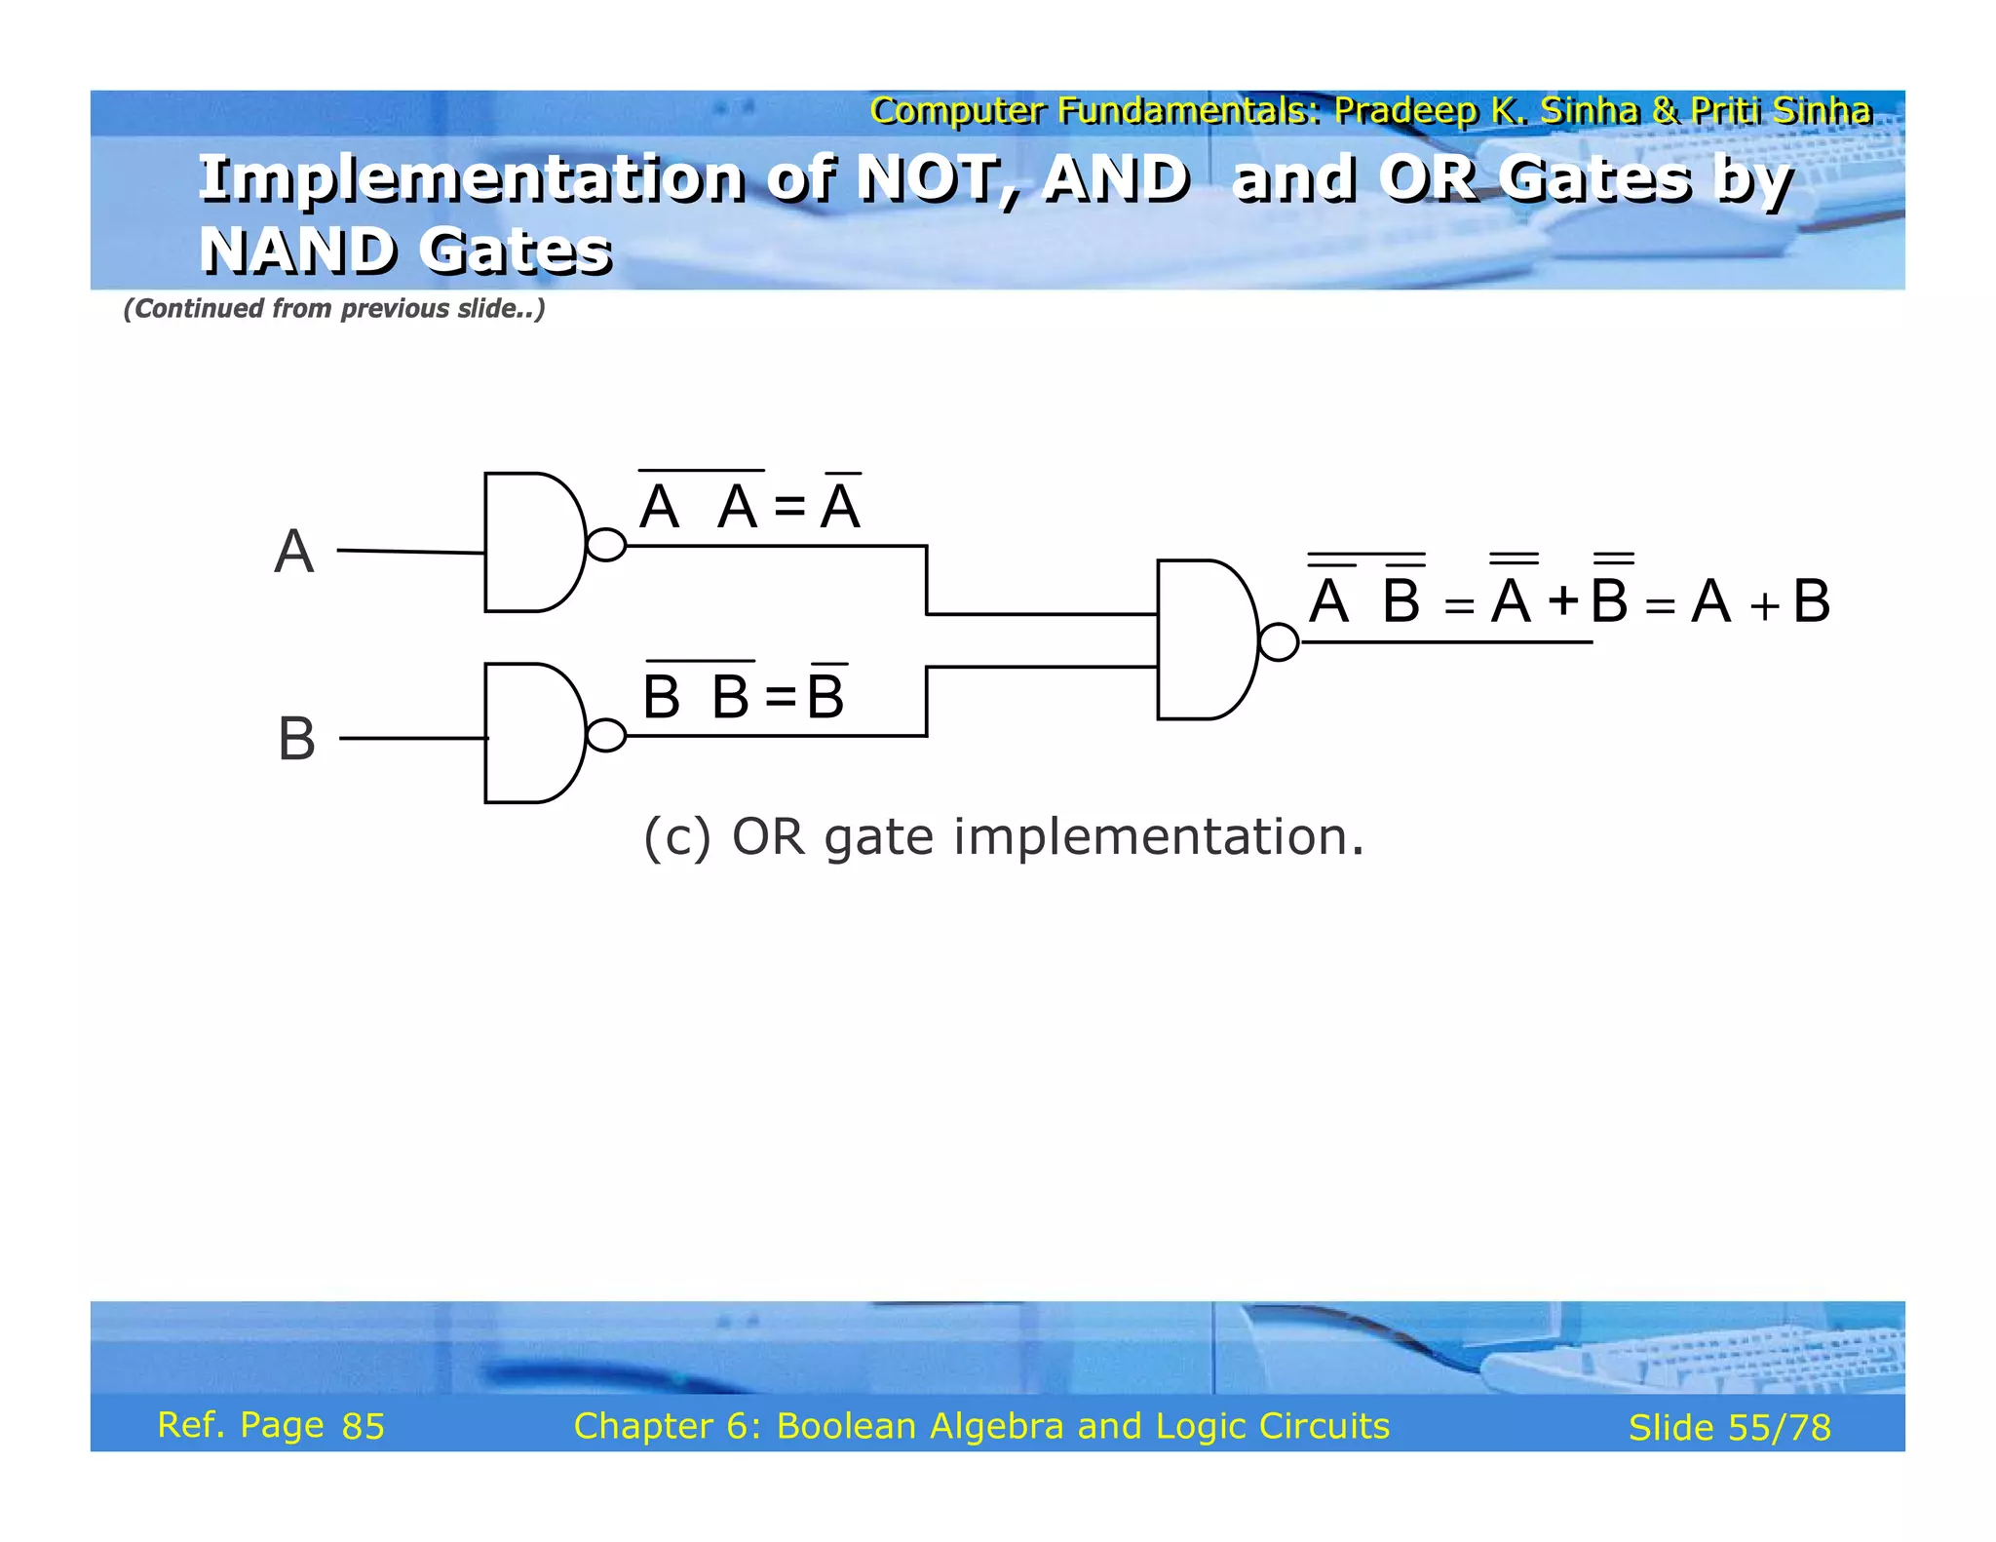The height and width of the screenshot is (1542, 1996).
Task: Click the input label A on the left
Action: click(294, 552)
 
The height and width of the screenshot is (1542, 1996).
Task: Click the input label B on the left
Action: click(296, 739)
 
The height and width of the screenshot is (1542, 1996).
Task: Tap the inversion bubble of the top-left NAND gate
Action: click(606, 545)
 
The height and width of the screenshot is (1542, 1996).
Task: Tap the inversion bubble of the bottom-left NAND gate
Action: click(606, 735)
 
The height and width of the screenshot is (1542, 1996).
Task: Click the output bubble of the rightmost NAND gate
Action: click(1279, 642)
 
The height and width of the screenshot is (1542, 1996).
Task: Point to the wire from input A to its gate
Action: click(410, 552)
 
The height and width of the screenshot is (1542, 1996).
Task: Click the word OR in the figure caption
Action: click(768, 836)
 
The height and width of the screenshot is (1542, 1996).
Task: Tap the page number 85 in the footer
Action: click(364, 1426)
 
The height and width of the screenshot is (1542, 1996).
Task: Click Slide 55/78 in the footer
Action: click(1729, 1428)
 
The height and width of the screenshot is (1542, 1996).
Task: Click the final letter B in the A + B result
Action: click(1811, 601)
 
